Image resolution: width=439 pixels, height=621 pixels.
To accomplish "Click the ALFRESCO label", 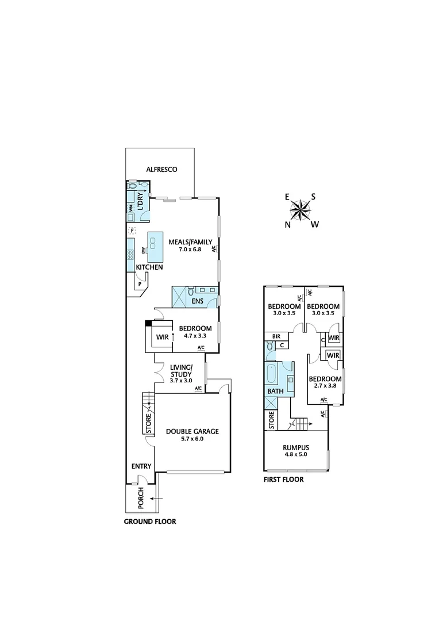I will pyautogui.click(x=161, y=170).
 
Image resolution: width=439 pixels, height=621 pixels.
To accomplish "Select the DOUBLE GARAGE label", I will pyautogui.click(x=192, y=431).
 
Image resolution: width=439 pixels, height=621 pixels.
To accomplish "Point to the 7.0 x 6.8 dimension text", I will pyautogui.click(x=189, y=250).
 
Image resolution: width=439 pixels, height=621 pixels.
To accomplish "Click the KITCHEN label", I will pyautogui.click(x=149, y=267).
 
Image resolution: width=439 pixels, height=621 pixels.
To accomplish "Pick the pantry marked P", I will pyautogui.click(x=139, y=283).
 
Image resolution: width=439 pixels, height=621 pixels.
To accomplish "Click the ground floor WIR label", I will pyautogui.click(x=162, y=337).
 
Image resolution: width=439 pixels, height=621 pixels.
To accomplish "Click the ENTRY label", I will pyautogui.click(x=141, y=466).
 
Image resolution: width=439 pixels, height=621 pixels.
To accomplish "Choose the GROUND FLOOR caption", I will pyautogui.click(x=150, y=522).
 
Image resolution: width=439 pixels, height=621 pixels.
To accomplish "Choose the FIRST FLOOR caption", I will pyautogui.click(x=283, y=479).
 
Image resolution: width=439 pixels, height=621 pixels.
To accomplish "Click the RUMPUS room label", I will pyautogui.click(x=296, y=447).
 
